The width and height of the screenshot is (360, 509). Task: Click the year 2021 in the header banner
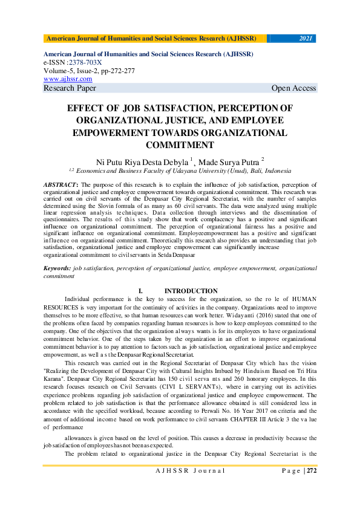[306, 38]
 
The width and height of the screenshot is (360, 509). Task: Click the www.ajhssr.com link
[68, 79]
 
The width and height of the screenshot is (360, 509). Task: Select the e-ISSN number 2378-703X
[85, 62]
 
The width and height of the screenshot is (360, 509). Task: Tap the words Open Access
[293, 88]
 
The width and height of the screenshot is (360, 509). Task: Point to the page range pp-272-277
[115, 71]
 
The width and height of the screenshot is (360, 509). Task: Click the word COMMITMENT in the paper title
[180, 144]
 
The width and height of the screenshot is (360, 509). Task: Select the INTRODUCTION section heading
[191, 291]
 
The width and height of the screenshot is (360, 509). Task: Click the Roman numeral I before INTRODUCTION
[140, 291]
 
